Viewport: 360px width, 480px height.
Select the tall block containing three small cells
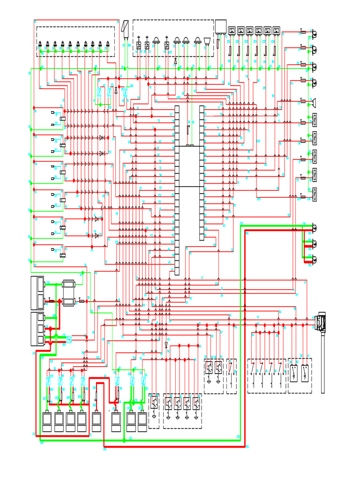click(37, 328)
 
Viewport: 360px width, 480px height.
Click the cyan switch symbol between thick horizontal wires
click(68, 338)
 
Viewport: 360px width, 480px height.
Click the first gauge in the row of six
click(232, 31)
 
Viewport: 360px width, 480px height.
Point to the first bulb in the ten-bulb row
click(41, 45)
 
